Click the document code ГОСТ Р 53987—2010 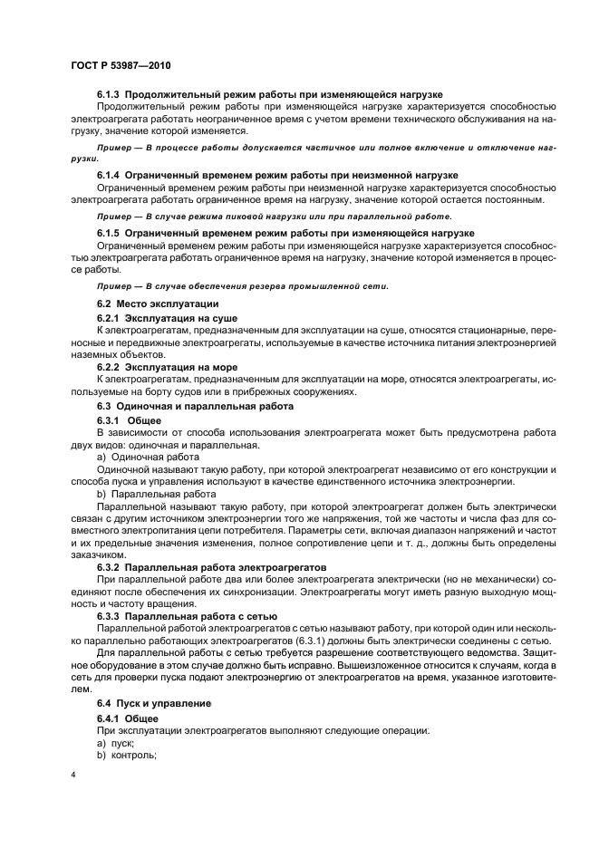121,66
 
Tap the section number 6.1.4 109,175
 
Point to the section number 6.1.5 109,234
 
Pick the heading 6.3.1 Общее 129,421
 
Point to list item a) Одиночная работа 141,458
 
